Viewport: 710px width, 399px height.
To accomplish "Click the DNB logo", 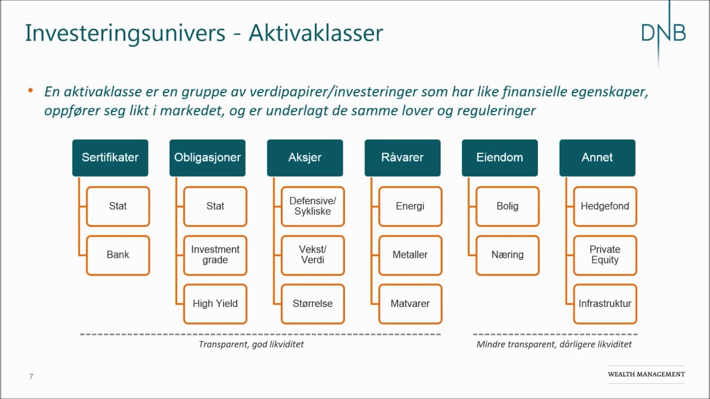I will [x=663, y=33].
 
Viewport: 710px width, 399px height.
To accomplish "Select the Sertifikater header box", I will [x=110, y=158].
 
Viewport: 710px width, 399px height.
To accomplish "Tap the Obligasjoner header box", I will [x=207, y=158].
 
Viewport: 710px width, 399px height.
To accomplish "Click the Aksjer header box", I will [x=305, y=158].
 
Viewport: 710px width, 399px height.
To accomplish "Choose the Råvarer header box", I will [x=403, y=158].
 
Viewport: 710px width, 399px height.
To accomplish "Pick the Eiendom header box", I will [x=500, y=158].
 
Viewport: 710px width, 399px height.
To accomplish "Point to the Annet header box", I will [x=597, y=158].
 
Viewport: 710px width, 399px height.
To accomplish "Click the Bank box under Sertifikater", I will [x=118, y=255].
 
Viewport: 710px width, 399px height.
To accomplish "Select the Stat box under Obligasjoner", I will [x=215, y=207].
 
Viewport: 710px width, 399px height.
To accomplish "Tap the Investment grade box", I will [x=215, y=255].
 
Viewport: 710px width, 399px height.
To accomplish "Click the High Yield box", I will [x=215, y=304].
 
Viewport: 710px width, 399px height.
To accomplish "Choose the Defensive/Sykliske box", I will [x=313, y=207].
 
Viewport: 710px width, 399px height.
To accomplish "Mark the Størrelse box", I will [x=313, y=304].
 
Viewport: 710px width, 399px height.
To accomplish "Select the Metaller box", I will [x=410, y=255].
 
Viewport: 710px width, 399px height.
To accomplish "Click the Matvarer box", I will [x=410, y=304].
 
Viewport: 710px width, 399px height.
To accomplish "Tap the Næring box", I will [x=508, y=255].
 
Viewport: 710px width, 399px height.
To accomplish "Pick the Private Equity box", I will [x=605, y=255].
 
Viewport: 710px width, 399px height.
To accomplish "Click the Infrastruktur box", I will [x=605, y=304].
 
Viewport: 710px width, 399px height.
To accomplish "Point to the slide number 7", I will [x=31, y=377].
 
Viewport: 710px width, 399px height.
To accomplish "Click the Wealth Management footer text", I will [x=646, y=375].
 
